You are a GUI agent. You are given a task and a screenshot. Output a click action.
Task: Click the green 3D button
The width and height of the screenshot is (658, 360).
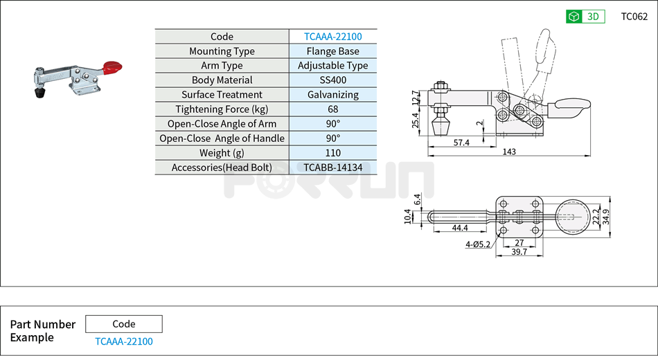click(585, 17)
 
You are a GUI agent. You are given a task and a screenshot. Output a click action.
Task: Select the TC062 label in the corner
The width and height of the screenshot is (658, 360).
click(634, 17)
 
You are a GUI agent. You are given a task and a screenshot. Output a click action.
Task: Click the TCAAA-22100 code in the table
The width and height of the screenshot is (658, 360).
click(332, 37)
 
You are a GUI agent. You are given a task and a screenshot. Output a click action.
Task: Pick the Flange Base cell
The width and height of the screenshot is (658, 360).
click(332, 51)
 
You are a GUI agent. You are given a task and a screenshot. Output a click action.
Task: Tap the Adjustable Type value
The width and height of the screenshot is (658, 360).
click(332, 66)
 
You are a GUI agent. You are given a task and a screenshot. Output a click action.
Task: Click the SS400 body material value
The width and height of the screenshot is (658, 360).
click(332, 80)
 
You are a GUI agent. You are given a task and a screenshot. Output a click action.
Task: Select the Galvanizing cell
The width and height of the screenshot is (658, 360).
click(332, 95)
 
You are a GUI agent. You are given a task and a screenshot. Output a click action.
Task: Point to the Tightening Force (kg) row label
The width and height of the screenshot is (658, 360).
click(222, 109)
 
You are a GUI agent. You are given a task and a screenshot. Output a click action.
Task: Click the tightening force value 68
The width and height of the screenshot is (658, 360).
click(332, 109)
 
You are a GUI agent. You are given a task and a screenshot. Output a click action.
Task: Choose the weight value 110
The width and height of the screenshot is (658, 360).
click(332, 153)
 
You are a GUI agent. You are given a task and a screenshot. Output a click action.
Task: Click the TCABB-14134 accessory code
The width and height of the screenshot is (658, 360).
click(332, 168)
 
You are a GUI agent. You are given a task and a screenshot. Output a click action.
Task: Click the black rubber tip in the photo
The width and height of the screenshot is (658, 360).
click(39, 91)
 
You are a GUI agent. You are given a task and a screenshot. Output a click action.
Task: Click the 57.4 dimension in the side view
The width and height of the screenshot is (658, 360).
click(462, 142)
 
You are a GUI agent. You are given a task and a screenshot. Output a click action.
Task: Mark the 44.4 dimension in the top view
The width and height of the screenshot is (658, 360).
click(460, 227)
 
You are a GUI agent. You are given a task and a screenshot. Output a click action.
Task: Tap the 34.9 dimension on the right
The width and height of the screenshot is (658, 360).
click(606, 217)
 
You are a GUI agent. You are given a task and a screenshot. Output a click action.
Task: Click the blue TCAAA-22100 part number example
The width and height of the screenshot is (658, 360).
click(124, 341)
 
